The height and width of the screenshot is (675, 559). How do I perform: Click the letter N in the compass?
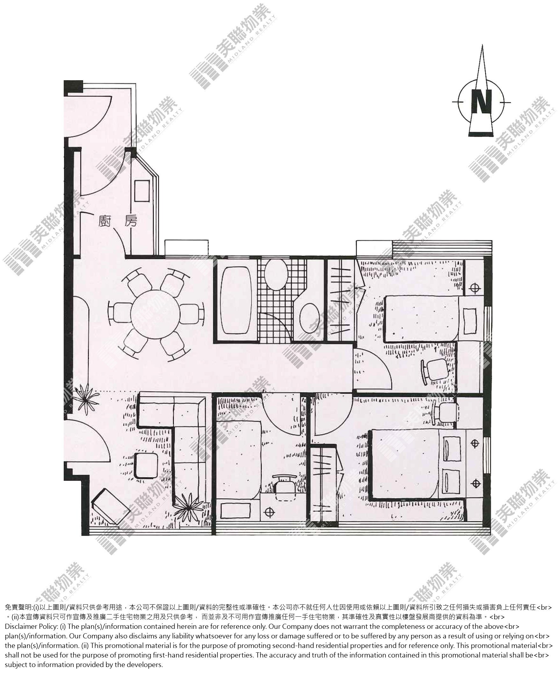coord(481,102)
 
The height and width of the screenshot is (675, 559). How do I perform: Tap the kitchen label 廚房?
coord(118,221)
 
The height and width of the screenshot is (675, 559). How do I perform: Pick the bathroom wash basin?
coord(309,318)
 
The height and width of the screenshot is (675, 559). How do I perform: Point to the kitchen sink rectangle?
coord(142,191)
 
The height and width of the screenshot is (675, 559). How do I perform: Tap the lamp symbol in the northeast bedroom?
coord(474,288)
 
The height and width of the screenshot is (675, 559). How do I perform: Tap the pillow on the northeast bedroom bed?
coord(470,322)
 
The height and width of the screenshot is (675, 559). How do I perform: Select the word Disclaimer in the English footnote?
coord(21,627)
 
